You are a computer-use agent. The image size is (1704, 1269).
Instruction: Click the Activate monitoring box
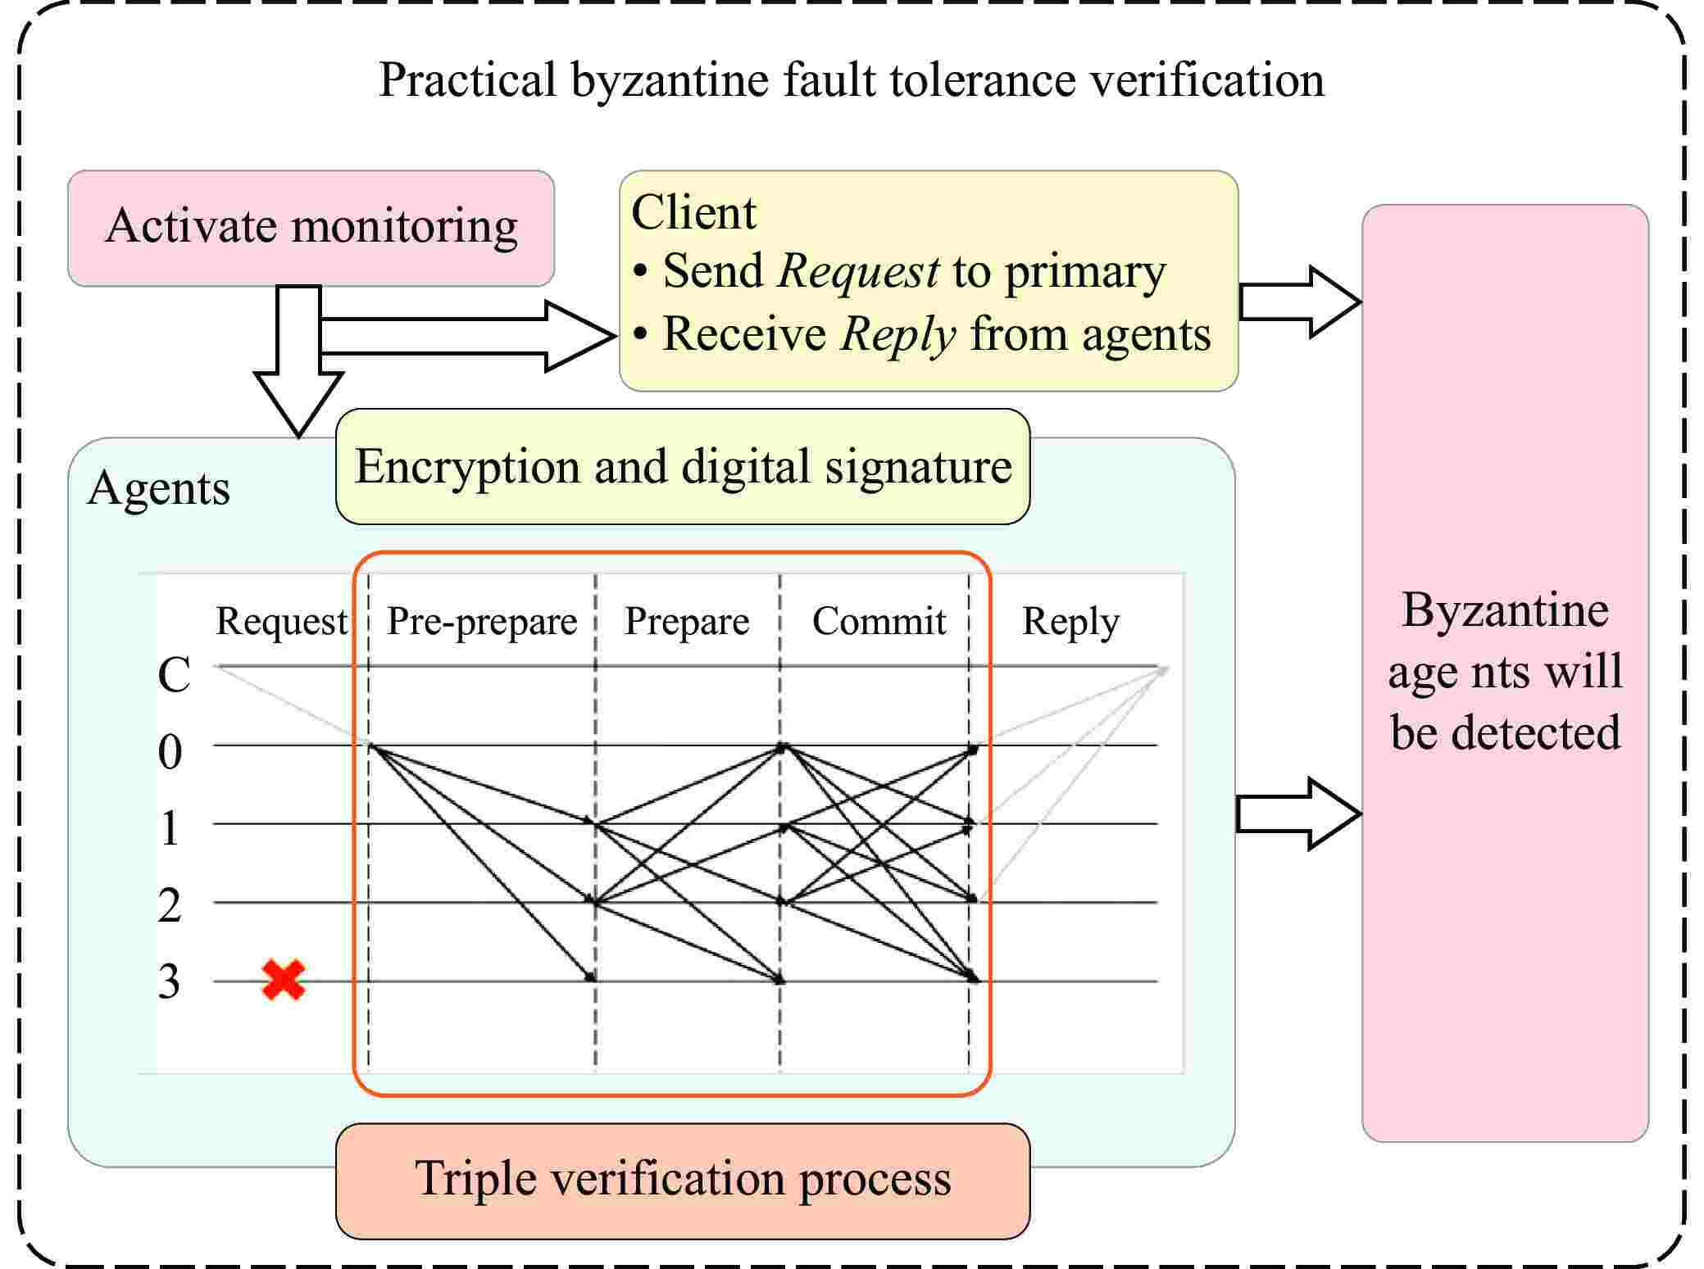tap(311, 228)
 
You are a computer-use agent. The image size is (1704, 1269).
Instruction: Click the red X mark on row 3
tap(284, 980)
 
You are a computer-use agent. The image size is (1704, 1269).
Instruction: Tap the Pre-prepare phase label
tap(482, 622)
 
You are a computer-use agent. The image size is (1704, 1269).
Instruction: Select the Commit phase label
tap(879, 622)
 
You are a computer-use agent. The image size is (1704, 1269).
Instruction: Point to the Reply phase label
tap(1070, 622)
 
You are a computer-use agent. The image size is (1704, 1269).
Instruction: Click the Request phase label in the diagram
tap(281, 622)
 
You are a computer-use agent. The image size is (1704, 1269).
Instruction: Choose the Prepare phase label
tap(687, 622)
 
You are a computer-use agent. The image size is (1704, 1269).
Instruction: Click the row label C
tap(174, 676)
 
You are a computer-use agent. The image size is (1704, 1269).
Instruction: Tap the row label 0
tap(170, 752)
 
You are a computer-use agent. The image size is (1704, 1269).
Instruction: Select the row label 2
tap(170, 906)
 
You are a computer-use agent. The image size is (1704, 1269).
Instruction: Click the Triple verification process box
tap(683, 1180)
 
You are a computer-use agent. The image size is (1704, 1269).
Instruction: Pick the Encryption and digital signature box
tap(683, 467)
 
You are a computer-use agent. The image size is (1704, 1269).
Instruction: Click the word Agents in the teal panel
tap(158, 489)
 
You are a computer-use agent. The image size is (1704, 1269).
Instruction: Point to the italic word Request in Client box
tap(858, 271)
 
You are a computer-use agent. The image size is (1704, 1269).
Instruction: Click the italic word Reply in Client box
tap(898, 334)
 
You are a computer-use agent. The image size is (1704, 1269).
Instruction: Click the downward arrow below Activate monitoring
tap(298, 369)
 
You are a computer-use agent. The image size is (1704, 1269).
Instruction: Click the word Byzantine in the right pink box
tap(1505, 610)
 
